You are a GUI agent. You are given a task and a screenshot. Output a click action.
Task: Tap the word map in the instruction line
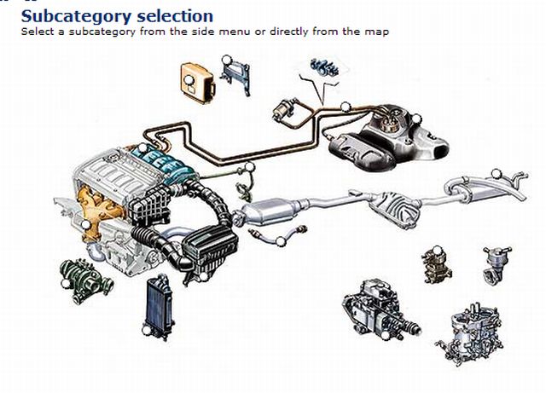click(377, 32)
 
